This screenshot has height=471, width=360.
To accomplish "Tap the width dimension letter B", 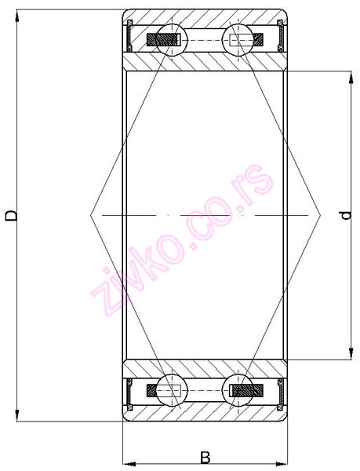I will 205,456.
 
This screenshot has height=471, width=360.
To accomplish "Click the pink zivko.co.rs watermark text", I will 185,240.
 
